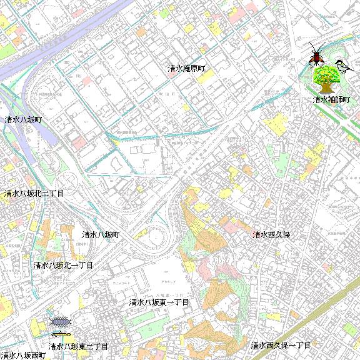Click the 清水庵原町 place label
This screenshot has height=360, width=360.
186,67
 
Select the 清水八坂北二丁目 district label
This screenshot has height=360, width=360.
34,194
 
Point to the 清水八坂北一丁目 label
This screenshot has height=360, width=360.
63,266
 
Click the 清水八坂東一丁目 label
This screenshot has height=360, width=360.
159,302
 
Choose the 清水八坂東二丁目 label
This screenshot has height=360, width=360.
78,346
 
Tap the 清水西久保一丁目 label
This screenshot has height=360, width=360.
281,346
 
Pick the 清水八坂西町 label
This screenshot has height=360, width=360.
23,355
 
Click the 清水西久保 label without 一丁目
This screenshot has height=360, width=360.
272,235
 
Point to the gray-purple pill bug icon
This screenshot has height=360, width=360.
61,323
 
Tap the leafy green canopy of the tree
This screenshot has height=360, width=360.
326,75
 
